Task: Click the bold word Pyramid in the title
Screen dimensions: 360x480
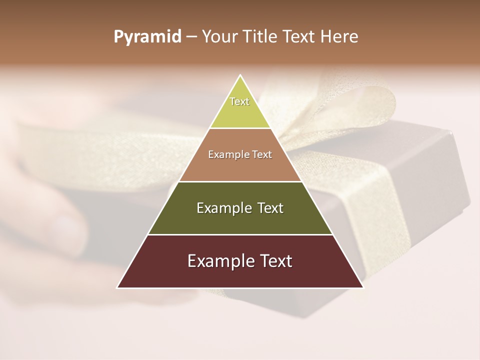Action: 147,37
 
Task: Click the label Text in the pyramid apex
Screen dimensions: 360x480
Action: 239,101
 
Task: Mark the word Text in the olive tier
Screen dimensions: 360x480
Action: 270,208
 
